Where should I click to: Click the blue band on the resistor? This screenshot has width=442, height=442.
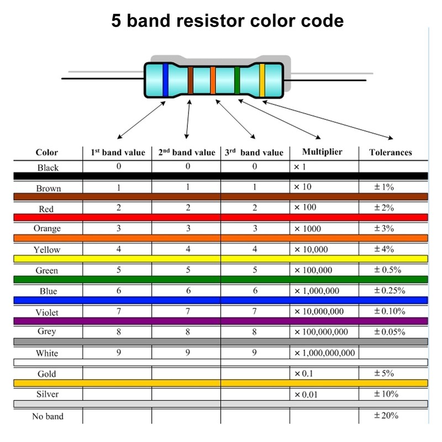[x=165, y=80]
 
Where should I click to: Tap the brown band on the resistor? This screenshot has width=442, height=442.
[x=191, y=80]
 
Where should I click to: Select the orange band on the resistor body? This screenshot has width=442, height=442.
[x=213, y=80]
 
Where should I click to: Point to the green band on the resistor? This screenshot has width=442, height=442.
[x=237, y=80]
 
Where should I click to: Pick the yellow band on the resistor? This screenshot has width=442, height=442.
[x=262, y=80]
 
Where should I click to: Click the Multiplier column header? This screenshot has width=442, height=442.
[x=322, y=152]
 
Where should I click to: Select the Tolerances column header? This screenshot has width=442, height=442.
[x=391, y=152]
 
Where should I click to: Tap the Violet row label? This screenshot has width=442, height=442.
[x=47, y=312]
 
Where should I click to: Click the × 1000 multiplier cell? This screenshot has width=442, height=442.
[x=308, y=229]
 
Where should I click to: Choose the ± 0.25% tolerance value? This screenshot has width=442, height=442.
[x=390, y=291]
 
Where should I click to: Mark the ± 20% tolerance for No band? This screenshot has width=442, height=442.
[x=386, y=415]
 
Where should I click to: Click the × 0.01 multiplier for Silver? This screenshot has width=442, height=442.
[x=306, y=394]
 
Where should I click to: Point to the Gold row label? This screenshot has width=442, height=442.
[x=47, y=374]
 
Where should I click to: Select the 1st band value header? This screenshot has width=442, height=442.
[x=118, y=152]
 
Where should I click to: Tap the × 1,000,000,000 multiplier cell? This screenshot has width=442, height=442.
[x=324, y=353]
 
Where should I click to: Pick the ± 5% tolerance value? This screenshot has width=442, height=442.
[x=383, y=373]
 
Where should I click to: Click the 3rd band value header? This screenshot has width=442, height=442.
[x=254, y=152]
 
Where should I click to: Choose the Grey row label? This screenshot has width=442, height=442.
[x=47, y=331]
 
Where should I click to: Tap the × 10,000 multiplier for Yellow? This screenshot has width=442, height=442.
[x=311, y=250]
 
